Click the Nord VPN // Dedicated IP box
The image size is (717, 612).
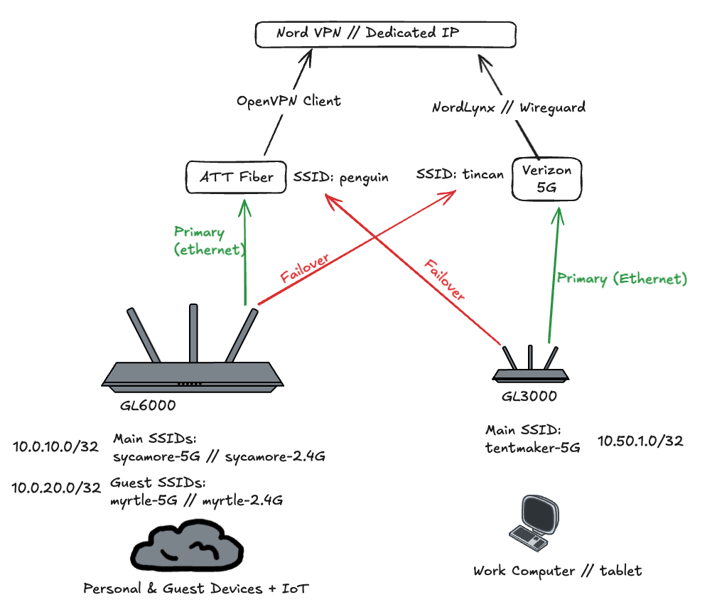(386, 34)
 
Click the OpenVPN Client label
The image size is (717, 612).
(289, 101)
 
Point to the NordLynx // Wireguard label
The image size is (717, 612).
(509, 108)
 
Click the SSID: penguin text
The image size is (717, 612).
(340, 177)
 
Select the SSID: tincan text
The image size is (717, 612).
(460, 173)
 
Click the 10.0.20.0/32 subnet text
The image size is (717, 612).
(56, 488)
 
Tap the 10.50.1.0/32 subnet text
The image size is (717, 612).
(640, 441)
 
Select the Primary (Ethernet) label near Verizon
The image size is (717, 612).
(622, 279)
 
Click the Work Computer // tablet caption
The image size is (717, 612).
(557, 571)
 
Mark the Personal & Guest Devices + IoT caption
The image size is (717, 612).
(196, 589)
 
